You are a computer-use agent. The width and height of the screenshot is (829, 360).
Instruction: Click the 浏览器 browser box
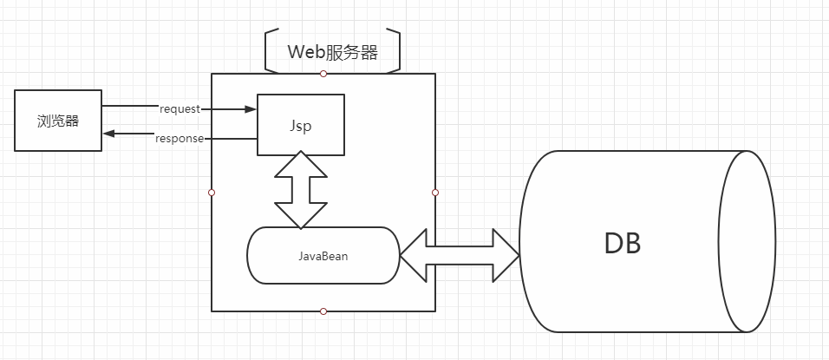59,121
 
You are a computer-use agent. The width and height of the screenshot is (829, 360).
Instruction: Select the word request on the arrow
180,109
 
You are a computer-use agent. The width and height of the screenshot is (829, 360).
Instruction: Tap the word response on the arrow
180,138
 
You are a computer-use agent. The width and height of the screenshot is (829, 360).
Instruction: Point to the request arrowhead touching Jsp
251,109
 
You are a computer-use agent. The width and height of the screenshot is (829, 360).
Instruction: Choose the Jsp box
300,125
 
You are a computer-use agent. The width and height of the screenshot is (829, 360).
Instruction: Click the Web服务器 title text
333,52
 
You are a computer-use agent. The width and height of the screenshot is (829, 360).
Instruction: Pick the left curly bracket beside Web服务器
267,52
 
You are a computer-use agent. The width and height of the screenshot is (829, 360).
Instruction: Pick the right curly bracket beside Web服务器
396,52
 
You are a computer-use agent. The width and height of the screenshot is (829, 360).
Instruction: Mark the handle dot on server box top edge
323,74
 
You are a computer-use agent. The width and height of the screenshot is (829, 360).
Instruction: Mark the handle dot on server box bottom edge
323,311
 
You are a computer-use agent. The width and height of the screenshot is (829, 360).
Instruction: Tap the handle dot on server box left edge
212,192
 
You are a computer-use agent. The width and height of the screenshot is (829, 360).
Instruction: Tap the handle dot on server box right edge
435,192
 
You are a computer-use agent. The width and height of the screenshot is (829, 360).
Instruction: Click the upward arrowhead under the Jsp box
300,163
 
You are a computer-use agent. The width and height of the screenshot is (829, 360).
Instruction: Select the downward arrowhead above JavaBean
300,218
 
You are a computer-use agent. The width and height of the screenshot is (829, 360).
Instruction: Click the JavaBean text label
323,256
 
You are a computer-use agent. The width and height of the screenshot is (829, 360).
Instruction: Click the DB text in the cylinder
622,244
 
